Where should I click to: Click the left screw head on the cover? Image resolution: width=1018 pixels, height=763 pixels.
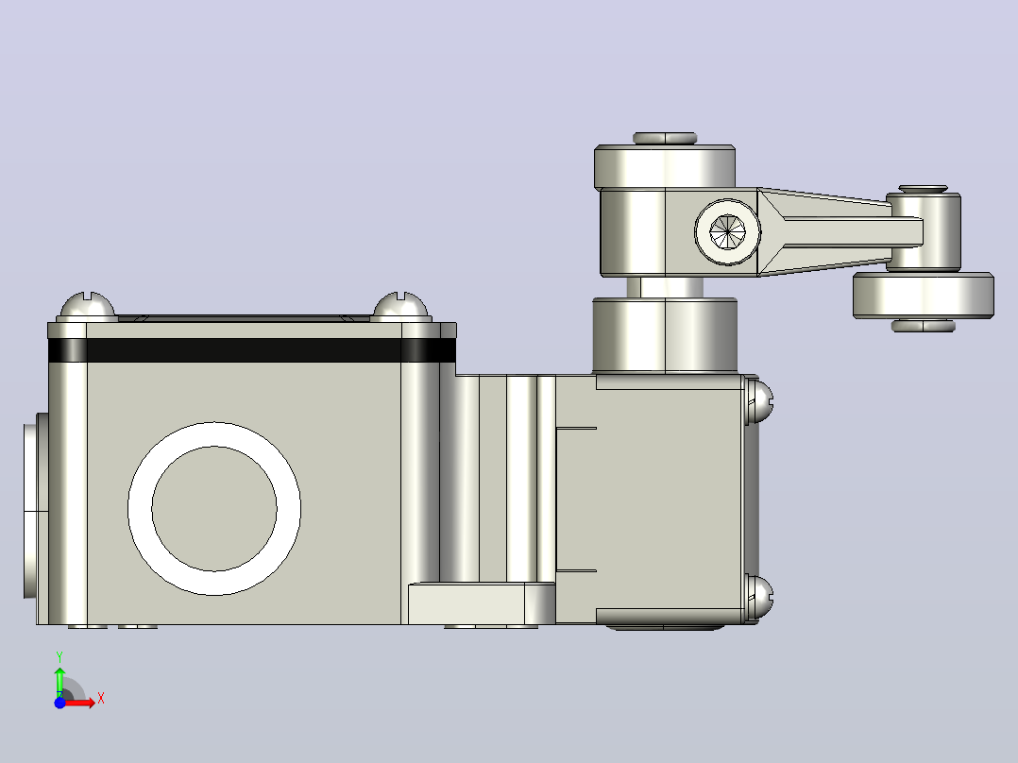point(88,307)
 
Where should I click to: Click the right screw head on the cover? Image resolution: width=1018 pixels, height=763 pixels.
point(400,307)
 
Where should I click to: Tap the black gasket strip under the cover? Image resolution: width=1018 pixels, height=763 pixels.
point(252,350)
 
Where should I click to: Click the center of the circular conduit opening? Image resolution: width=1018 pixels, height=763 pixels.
point(214,508)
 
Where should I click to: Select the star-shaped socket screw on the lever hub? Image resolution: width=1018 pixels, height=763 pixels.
point(728,231)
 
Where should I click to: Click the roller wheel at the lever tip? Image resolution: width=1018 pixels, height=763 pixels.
point(924,296)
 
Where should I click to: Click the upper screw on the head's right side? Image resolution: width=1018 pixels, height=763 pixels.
point(759,399)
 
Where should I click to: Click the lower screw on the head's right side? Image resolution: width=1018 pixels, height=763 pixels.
point(759,598)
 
